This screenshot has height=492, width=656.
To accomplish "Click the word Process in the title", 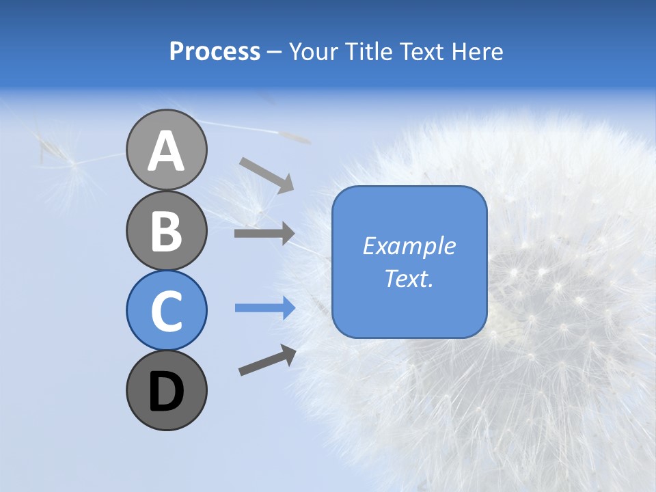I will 215,52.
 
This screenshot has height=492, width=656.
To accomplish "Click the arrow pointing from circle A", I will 266,175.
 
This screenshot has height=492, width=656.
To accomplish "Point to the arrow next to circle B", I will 264,234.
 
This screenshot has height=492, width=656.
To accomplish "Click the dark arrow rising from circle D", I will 267,360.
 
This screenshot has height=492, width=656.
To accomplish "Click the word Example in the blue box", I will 409,246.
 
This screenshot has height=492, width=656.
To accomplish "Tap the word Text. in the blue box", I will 409,279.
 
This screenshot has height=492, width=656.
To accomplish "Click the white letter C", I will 167,312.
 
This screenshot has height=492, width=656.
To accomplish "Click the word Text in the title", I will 418,52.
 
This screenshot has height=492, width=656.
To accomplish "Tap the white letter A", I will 167,151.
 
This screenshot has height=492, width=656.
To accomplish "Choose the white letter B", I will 167,231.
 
